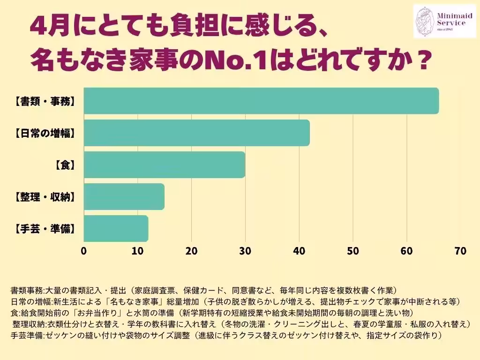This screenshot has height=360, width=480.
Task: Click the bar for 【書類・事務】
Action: pos(261,101)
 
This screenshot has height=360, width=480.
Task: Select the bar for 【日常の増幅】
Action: pos(197,133)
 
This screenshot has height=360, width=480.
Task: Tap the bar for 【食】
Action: pos(165,165)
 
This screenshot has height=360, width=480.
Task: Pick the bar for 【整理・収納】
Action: pos(124,196)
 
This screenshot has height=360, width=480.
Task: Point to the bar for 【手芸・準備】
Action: pos(116,228)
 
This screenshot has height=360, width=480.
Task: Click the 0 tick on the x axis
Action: pos(84,251)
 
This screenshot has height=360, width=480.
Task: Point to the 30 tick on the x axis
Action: pos(245,251)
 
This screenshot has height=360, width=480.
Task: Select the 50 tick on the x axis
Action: pos(353,251)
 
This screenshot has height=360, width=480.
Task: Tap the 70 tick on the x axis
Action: pos(460,251)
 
